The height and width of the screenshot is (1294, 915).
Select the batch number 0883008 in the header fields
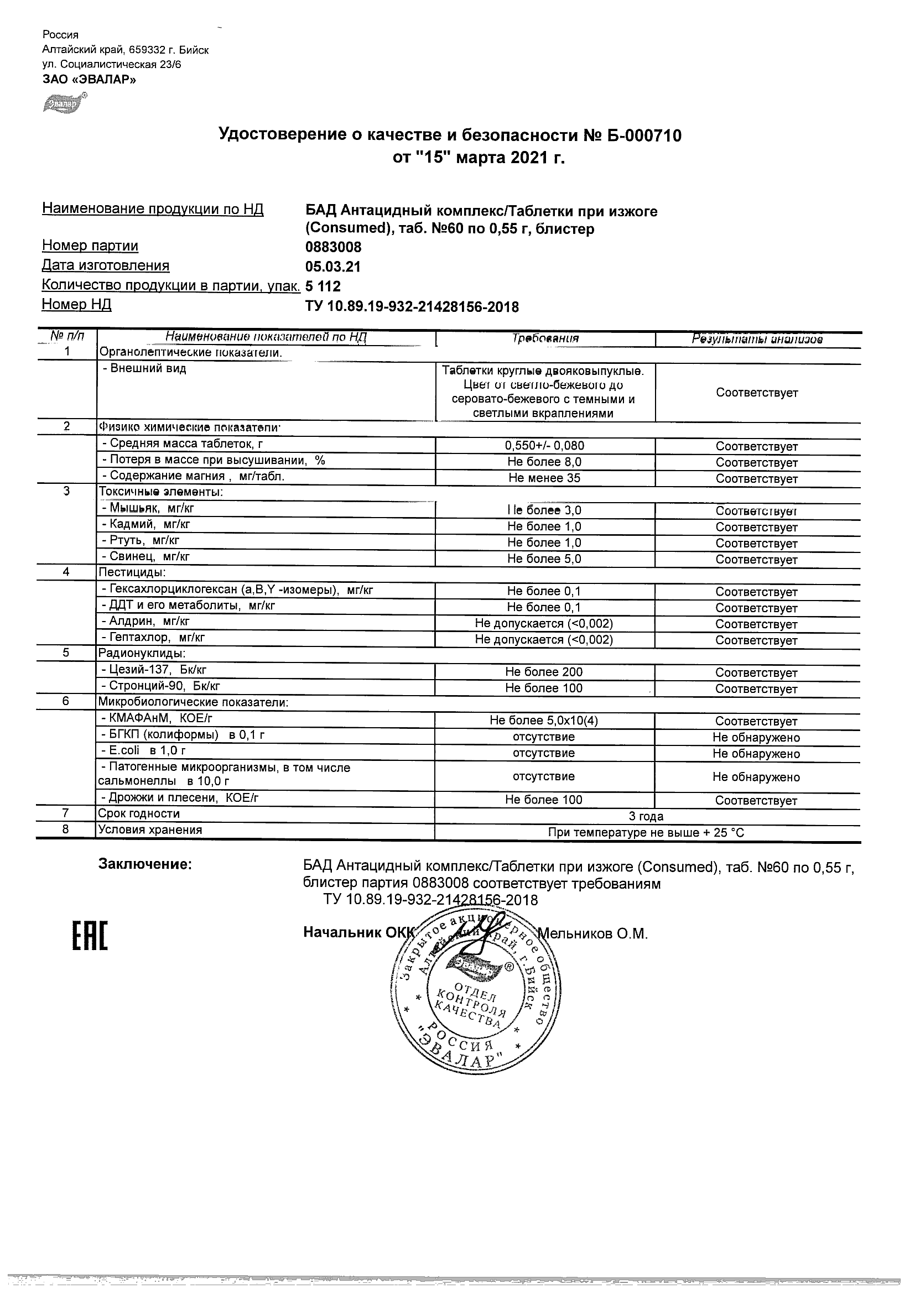333,247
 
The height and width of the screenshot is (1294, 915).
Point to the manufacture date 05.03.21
332,267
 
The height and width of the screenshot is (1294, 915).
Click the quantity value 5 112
323,286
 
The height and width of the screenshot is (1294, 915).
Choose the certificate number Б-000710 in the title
646,135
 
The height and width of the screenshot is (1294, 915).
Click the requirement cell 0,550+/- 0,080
544,446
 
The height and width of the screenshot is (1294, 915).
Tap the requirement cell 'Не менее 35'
544,478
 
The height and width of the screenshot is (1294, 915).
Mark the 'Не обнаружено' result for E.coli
756,754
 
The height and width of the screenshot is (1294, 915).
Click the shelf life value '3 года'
646,816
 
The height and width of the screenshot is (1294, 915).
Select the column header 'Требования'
545,339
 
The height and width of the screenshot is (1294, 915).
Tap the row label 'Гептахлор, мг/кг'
152,638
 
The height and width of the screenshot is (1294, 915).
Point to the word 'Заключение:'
145,864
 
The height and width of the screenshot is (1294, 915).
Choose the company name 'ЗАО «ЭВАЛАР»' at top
89,80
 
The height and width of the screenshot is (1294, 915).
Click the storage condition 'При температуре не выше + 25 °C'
646,832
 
